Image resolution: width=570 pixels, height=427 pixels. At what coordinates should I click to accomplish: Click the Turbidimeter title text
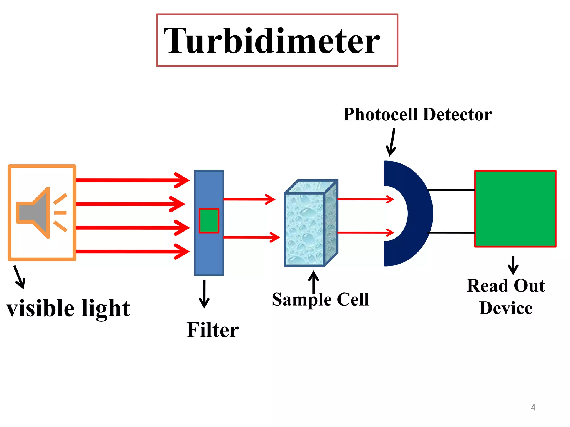point(271,41)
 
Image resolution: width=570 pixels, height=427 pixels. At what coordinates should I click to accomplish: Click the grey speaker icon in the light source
point(36,213)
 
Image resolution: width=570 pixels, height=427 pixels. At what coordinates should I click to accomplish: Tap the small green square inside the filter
point(209,220)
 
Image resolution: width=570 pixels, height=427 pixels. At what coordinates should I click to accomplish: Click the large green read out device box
point(515,208)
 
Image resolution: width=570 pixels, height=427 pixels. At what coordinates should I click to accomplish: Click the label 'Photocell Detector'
point(417,114)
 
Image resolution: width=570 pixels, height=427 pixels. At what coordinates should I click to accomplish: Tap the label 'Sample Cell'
point(320,299)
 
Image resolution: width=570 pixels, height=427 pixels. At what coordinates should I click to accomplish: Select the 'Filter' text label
point(213,330)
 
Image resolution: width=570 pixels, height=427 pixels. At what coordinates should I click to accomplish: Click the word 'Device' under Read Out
point(506,308)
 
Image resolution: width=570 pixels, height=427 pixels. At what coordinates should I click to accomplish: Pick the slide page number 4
point(533,408)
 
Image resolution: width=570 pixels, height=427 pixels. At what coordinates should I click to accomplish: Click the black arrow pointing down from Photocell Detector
point(392,142)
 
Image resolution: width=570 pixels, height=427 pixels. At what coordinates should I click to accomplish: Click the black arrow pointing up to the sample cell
point(314,282)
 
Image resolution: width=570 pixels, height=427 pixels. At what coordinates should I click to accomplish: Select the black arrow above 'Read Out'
point(513,265)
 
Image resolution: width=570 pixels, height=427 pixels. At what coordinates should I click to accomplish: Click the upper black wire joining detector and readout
point(451,190)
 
